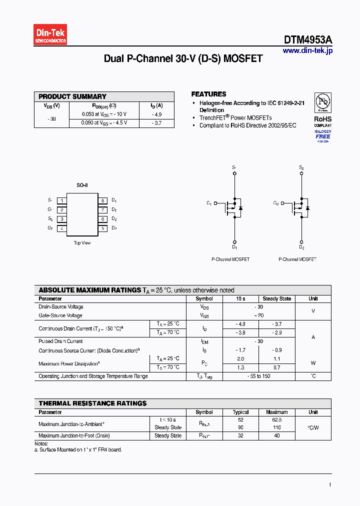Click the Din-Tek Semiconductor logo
click(50, 35)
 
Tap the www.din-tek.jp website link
click(307, 50)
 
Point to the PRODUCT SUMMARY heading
click(72, 96)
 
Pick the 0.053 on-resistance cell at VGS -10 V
click(104, 114)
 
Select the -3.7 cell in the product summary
click(156, 122)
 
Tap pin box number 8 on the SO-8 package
click(102, 200)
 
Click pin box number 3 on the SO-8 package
click(62, 219)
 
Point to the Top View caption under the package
click(82, 243)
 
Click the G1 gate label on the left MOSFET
click(209, 203)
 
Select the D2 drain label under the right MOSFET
click(301, 247)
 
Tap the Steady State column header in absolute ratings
click(276, 298)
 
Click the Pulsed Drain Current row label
click(60, 341)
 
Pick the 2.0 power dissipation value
click(240, 358)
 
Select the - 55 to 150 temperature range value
click(258, 376)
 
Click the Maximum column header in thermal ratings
click(276, 412)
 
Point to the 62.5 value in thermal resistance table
click(276, 420)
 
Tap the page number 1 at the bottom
click(330, 484)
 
